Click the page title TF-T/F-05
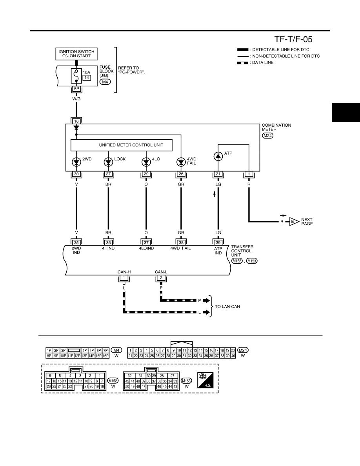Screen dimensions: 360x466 pos(293,39)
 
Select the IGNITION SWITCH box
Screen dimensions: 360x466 pos(76,54)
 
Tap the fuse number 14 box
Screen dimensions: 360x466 pos(86,78)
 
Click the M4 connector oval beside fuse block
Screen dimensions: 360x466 pos(105,82)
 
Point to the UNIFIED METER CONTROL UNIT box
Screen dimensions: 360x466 pos(121,145)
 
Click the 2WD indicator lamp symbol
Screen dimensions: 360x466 pos(76,162)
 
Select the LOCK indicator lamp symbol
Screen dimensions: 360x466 pos(108,162)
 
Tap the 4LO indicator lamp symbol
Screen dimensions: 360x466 pos(146,162)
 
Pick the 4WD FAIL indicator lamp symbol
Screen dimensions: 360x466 pos(181,162)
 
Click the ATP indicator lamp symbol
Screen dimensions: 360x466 pos(218,156)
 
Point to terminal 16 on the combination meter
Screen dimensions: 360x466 pos(76,121)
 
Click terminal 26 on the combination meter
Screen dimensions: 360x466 pos(181,174)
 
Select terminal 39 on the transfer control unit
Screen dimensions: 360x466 pos(218,243)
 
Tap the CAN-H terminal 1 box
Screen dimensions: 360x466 pos(124,278)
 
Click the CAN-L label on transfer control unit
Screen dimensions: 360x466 pos(161,272)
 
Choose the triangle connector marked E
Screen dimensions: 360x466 pos(294,222)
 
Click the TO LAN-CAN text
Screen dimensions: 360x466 pos(227,306)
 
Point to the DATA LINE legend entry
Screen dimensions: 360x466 pos(255,63)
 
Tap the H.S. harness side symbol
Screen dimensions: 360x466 pos(205,380)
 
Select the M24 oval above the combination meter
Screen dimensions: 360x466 pos(267,135)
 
